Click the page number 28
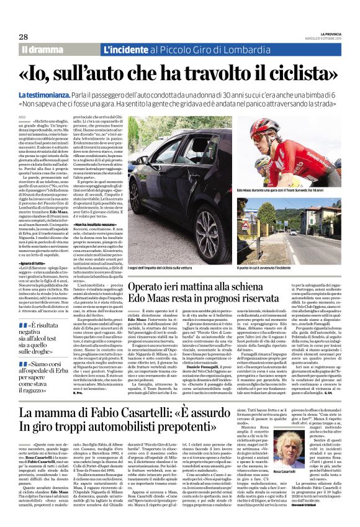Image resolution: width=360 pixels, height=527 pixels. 24,37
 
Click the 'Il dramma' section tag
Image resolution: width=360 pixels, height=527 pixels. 43,49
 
